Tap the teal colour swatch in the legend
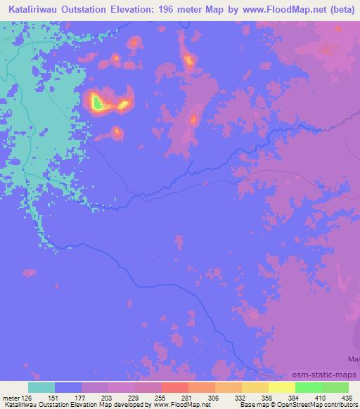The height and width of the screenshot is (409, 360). point(41,388)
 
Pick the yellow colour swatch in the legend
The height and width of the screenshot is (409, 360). point(281,388)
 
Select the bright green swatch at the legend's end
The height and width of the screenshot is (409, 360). point(335,388)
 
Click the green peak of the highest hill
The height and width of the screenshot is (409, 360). point(97,104)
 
